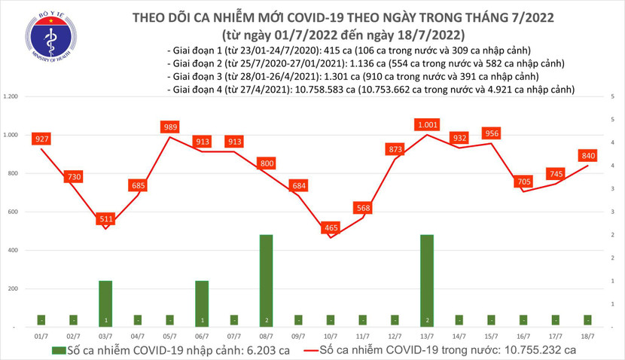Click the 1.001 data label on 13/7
coord(428,125)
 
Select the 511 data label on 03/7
coord(105,218)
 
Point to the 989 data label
coord(169,127)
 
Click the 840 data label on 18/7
coord(587,156)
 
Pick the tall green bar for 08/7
coord(266,280)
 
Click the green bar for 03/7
coord(105,304)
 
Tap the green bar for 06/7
coord(202,304)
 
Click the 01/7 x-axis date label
coord(41,337)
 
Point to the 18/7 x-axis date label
coord(587,337)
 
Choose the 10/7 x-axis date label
coord(331,337)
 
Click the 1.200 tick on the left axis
coord(12,97)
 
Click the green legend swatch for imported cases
coord(57,350)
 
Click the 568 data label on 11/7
coord(363,208)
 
